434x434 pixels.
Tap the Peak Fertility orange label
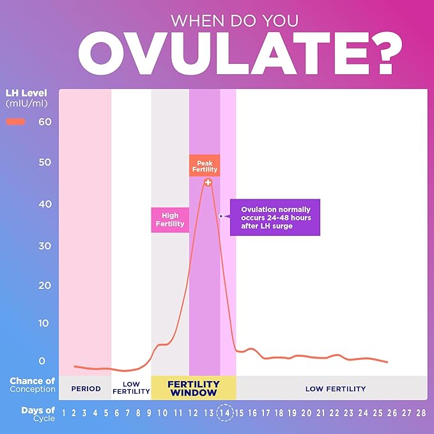coord(205,165)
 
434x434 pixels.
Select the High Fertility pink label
coord(170,220)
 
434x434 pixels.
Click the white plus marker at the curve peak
coord(208,182)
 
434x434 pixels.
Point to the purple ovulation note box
coord(275,217)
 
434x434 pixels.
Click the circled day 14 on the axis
coord(225,412)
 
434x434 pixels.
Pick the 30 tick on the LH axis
coord(44,246)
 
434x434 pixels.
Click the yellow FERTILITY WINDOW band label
coord(193,388)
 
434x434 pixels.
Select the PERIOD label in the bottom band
coord(86,389)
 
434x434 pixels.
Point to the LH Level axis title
coord(26,98)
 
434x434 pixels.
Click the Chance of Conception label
coord(32,385)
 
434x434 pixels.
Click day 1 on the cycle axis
coord(63,413)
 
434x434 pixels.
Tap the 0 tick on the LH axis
coord(42,361)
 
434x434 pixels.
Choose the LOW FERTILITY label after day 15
coord(335,389)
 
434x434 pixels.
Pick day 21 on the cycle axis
coord(321,413)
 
